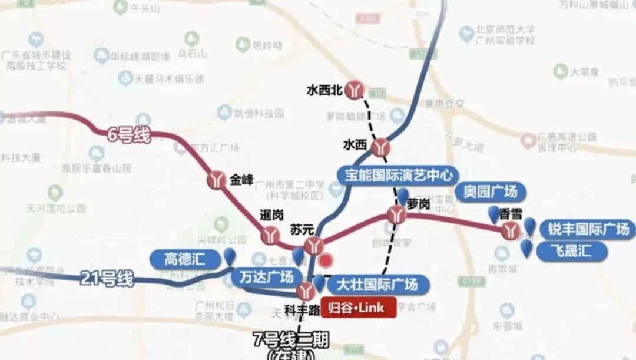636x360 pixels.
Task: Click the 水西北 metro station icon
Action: pyautogui.click(x=354, y=90)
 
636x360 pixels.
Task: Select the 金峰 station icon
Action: pyautogui.click(x=217, y=180)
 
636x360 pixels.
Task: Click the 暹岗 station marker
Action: pyautogui.click(x=270, y=235)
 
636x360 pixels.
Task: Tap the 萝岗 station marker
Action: pyautogui.click(x=396, y=215)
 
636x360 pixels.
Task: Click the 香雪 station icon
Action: pyautogui.click(x=511, y=230)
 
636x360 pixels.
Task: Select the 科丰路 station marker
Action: pyautogui.click(x=305, y=290)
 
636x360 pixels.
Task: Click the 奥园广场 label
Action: pyautogui.click(x=490, y=191)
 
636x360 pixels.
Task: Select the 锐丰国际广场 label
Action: pyautogui.click(x=588, y=229)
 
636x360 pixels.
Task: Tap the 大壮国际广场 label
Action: pyautogui.click(x=376, y=285)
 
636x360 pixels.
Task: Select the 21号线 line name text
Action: pyautogui.click(x=105, y=278)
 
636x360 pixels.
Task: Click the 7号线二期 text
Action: pyautogui.click(x=290, y=340)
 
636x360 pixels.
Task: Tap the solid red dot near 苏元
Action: pyautogui.click(x=325, y=259)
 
